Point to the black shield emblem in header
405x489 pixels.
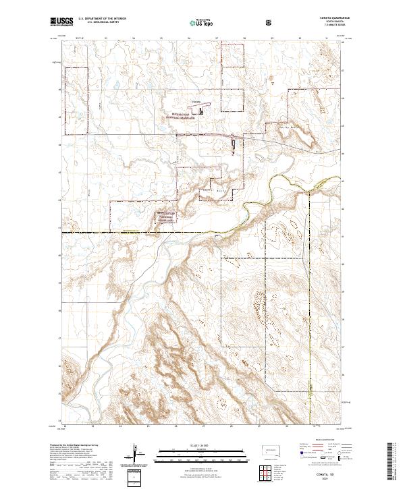270,22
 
